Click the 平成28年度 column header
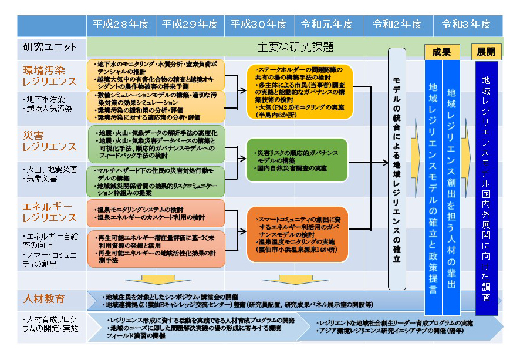pos(120,25)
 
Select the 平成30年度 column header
pos(259,25)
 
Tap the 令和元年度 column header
pos(327,25)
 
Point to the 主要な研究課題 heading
pos(296,47)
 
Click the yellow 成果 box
pos(441,52)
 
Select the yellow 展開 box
pos(486,52)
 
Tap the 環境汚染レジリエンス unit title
pos(50,75)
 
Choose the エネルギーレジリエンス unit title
pos(50,212)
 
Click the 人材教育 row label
pos(44,299)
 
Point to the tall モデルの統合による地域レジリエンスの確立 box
pos(397,169)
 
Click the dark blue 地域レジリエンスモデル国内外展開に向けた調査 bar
pos(487,188)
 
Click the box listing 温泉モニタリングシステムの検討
pos(156,213)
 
